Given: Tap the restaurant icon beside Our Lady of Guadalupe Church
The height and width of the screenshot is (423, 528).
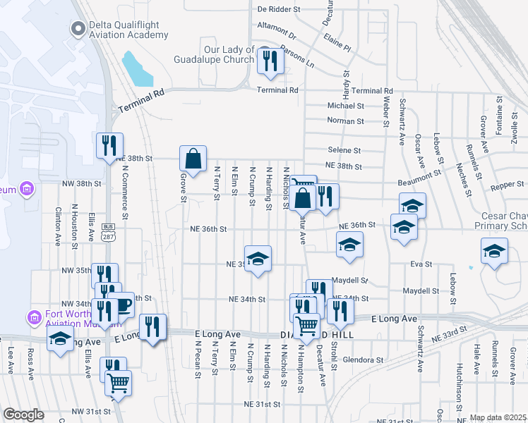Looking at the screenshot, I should [x=270, y=62].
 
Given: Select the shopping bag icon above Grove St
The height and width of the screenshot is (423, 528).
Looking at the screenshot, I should [x=193, y=160].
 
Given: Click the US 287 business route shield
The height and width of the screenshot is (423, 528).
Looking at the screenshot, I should [x=108, y=230].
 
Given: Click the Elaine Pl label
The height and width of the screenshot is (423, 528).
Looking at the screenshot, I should [x=337, y=47].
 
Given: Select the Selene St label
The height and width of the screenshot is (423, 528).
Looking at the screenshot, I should [x=344, y=150].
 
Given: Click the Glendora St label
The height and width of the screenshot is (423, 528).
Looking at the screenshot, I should [x=363, y=360].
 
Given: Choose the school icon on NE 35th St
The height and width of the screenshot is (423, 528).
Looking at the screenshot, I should [x=258, y=259].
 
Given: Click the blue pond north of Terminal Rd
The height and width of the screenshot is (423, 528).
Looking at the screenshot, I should [x=137, y=68].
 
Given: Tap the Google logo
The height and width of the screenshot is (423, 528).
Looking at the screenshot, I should [x=23, y=415].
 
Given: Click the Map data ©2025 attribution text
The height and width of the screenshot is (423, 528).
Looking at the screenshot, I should [x=498, y=417].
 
